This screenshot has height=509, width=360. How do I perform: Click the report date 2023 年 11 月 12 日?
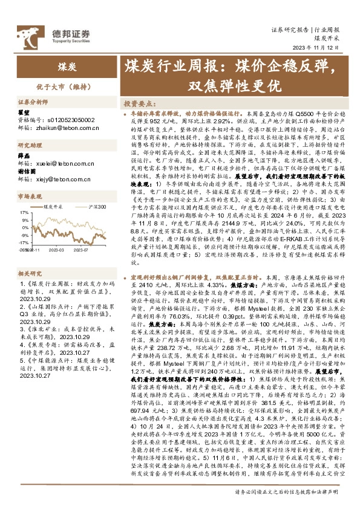[x=318, y=48]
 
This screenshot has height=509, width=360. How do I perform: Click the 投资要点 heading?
[x=142, y=103]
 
